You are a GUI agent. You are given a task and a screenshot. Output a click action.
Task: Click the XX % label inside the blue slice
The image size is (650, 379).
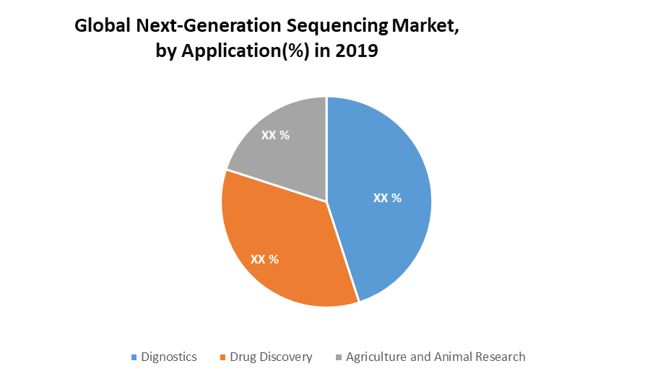(x=387, y=198)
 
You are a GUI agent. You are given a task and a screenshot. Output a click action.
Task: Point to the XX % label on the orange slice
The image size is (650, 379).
(x=264, y=258)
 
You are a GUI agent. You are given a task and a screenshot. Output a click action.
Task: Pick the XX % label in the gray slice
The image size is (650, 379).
(x=275, y=135)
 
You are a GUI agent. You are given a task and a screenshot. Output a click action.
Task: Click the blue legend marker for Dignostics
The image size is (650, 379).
(x=134, y=357)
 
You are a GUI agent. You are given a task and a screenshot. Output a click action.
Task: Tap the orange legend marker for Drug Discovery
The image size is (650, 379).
(x=223, y=357)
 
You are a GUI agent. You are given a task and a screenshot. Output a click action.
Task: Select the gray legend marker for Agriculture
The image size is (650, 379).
(x=339, y=357)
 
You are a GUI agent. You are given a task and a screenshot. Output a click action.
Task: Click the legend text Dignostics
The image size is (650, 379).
(x=169, y=357)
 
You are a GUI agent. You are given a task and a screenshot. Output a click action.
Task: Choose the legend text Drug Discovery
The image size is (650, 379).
(x=271, y=357)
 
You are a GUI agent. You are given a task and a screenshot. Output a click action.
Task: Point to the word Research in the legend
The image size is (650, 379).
(x=500, y=357)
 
